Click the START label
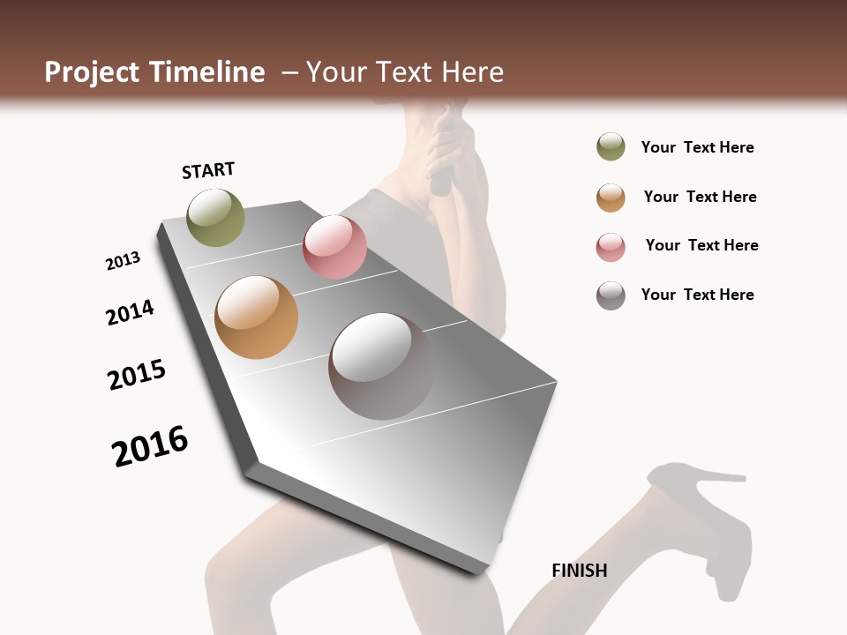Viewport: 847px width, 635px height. pyautogui.click(x=208, y=169)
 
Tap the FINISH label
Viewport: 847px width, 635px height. pyautogui.click(x=579, y=571)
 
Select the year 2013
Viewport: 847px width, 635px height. pyautogui.click(x=123, y=261)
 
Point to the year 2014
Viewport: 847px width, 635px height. pyautogui.click(x=130, y=312)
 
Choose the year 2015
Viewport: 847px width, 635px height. pyautogui.click(x=137, y=375)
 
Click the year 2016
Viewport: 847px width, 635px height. pyautogui.click(x=150, y=445)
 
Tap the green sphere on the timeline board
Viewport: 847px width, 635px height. pyautogui.click(x=215, y=217)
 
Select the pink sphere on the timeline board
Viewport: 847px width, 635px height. pyautogui.click(x=334, y=247)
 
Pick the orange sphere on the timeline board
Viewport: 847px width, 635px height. pyautogui.click(x=256, y=317)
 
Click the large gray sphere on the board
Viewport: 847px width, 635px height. pyautogui.click(x=381, y=366)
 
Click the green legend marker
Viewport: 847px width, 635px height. pyautogui.click(x=611, y=146)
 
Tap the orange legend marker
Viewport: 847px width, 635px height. pyautogui.click(x=611, y=197)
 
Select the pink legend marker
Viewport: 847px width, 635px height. pyautogui.click(x=611, y=246)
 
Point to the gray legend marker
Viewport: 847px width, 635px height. pyautogui.click(x=611, y=295)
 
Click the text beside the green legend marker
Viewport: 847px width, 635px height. pyautogui.click(x=697, y=147)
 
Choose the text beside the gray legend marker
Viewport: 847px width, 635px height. pyautogui.click(x=697, y=295)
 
